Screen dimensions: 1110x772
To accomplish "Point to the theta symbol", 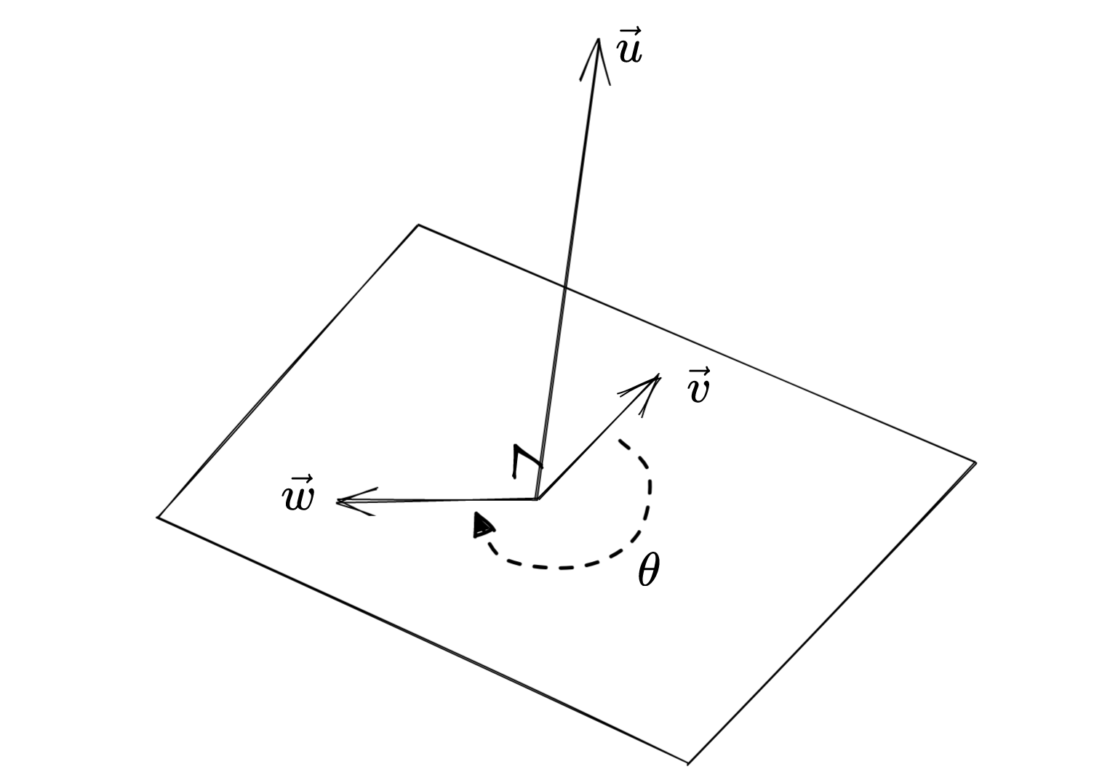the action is [648, 571].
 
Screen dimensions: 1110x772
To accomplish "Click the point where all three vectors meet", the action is [537, 499].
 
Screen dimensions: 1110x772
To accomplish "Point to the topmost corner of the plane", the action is [418, 225].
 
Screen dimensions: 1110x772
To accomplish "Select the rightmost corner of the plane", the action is [975, 462].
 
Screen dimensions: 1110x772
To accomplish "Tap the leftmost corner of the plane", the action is [159, 517].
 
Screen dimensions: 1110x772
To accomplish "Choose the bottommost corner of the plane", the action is [688, 763].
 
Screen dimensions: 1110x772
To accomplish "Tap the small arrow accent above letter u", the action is [629, 33].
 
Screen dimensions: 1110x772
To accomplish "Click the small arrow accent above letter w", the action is [298, 480].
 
